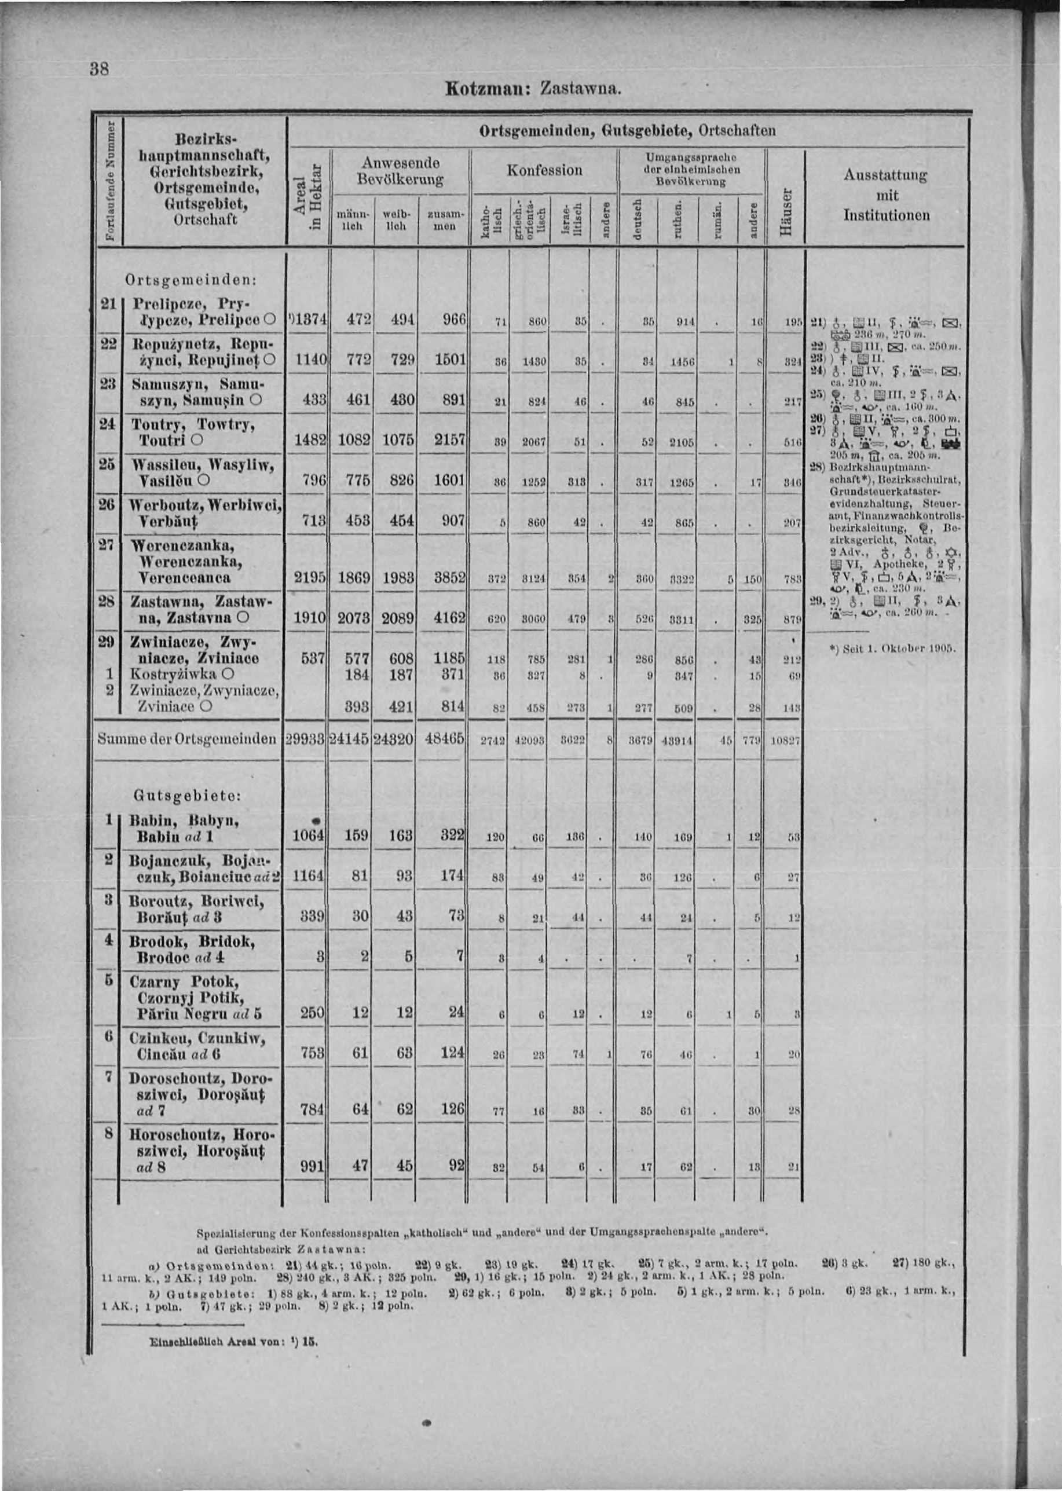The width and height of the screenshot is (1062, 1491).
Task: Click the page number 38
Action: (x=100, y=70)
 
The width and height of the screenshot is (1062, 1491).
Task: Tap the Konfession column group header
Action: (x=545, y=171)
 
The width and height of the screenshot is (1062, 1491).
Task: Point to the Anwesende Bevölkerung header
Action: (x=400, y=171)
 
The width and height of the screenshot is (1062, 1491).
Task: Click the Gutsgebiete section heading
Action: (x=188, y=796)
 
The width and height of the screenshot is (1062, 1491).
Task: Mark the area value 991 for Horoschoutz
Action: (x=312, y=1166)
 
